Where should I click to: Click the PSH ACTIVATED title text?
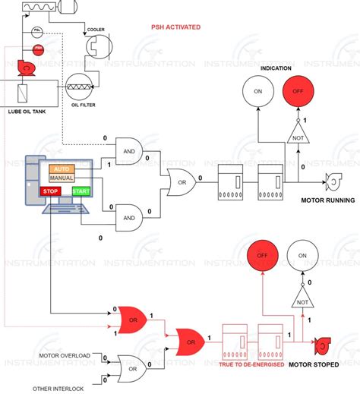[175, 27]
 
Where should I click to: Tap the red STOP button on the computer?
[51, 191]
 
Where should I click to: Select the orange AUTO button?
[61, 168]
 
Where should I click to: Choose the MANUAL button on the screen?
[61, 178]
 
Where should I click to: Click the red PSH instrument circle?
[38, 49]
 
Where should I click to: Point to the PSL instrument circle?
[37, 32]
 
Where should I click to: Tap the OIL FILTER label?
[83, 105]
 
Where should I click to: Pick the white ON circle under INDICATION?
[257, 93]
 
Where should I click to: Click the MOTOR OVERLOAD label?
[64, 355]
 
